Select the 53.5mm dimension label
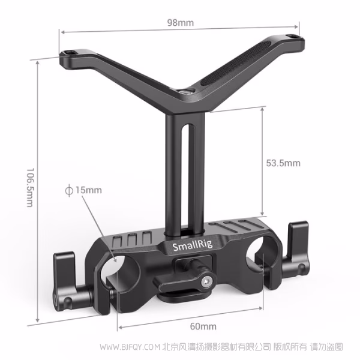click(283, 163)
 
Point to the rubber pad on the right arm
click(224, 80)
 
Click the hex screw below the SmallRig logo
click(208, 278)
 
